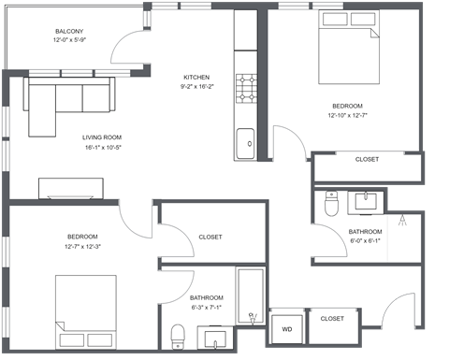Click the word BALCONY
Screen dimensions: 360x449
pyautogui.click(x=69, y=31)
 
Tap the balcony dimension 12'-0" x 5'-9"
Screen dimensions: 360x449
pyautogui.click(x=69, y=41)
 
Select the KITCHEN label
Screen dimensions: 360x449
pyautogui.click(x=196, y=78)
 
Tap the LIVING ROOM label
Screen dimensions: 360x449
pyautogui.click(x=102, y=137)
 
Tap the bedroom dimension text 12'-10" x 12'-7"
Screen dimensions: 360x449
pyautogui.click(x=347, y=117)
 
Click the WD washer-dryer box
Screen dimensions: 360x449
pyautogui.click(x=285, y=328)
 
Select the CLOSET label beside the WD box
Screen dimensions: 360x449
pyautogui.click(x=332, y=319)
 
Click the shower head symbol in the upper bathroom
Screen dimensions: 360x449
pyautogui.click(x=402, y=221)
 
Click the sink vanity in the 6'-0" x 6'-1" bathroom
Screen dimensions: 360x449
pyautogui.click(x=364, y=200)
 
